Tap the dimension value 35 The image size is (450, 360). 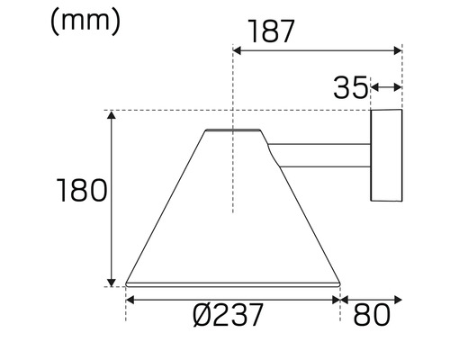click(x=349, y=87)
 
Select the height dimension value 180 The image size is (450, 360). click(x=82, y=191)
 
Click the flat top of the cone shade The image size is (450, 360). click(x=234, y=130)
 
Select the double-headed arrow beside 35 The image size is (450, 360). click(x=385, y=87)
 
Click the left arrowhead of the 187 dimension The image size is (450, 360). click(x=238, y=51)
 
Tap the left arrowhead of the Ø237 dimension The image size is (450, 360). click(x=130, y=300)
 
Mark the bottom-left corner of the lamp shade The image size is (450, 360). click(x=126, y=283)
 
